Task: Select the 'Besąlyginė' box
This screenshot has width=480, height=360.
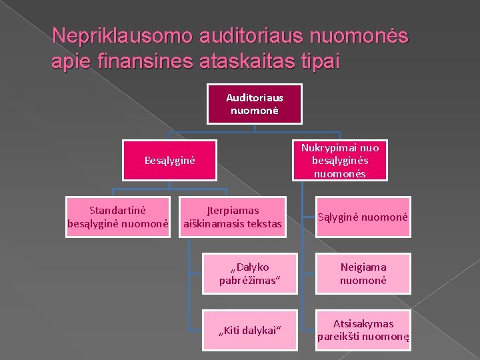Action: point(169,160)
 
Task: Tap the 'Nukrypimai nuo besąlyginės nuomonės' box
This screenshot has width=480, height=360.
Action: point(339,160)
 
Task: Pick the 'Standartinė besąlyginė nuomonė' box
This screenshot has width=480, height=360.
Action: point(118,216)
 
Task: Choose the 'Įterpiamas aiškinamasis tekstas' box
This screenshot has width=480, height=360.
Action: point(232,216)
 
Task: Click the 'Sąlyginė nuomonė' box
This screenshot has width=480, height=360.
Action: point(363,217)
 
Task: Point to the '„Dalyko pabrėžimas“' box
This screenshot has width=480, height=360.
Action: point(249,273)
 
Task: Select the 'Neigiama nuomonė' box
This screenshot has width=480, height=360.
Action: point(363,273)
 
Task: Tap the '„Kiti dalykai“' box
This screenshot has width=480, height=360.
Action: point(249,330)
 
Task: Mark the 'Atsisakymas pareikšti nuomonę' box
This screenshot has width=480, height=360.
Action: point(363,330)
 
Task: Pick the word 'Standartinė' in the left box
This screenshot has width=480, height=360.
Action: point(118,210)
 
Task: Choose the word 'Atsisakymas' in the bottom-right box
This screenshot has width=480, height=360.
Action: point(363,323)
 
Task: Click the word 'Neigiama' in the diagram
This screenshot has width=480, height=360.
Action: point(363,267)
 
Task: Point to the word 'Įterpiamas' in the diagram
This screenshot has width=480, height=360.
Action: point(232,210)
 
